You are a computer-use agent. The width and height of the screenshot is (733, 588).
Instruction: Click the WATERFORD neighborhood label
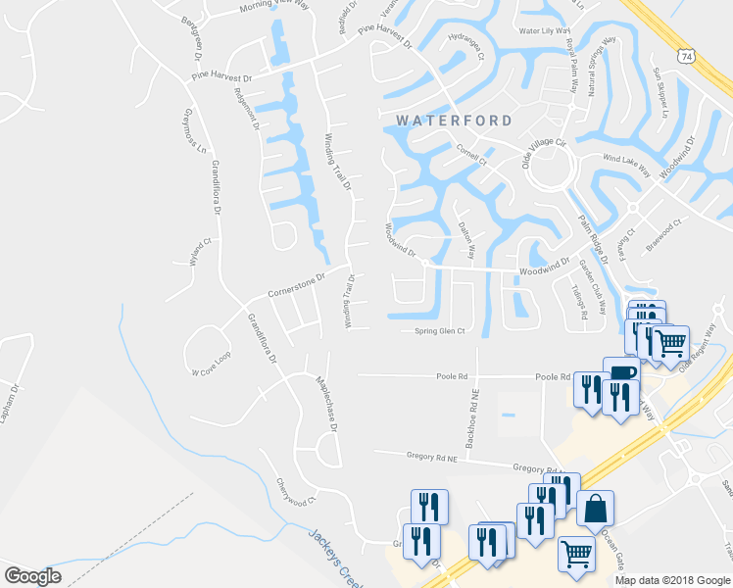click(454, 121)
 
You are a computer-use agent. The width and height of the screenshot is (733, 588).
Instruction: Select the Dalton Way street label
click(466, 239)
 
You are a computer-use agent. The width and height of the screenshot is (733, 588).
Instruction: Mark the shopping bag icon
click(595, 509)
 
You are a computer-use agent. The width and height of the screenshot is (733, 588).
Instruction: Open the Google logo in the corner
click(31, 575)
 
